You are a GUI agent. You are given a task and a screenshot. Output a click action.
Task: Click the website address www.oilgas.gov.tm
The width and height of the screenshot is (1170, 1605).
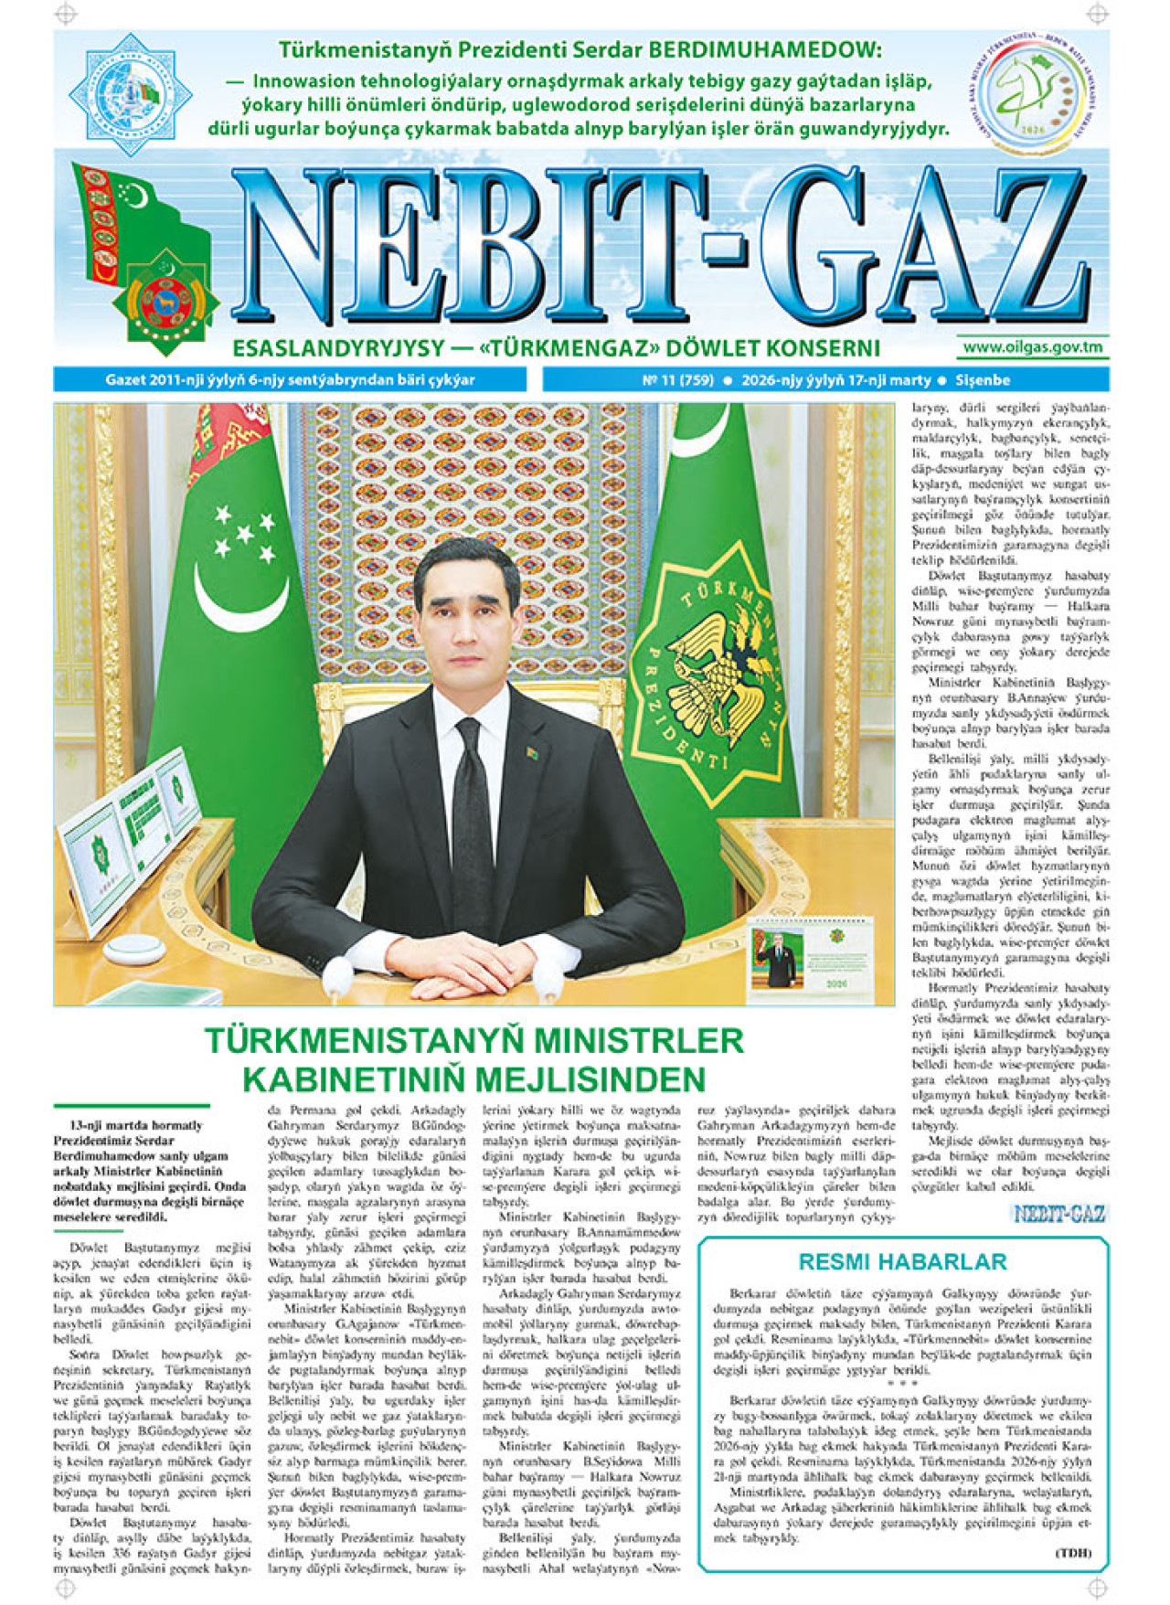pyautogui.click(x=1032, y=347)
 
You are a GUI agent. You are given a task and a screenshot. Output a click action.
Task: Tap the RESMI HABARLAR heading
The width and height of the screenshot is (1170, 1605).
pyautogui.click(x=901, y=1262)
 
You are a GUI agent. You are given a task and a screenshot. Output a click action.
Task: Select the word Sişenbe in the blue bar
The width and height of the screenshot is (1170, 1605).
pyautogui.click(x=983, y=380)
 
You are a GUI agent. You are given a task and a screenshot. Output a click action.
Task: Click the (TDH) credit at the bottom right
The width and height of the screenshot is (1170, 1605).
pyautogui.click(x=1075, y=1553)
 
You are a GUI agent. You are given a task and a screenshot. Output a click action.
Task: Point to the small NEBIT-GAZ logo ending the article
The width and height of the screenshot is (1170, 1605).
pyautogui.click(x=1058, y=1214)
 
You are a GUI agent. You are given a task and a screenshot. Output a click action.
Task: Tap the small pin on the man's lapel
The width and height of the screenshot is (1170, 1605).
pyautogui.click(x=530, y=753)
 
